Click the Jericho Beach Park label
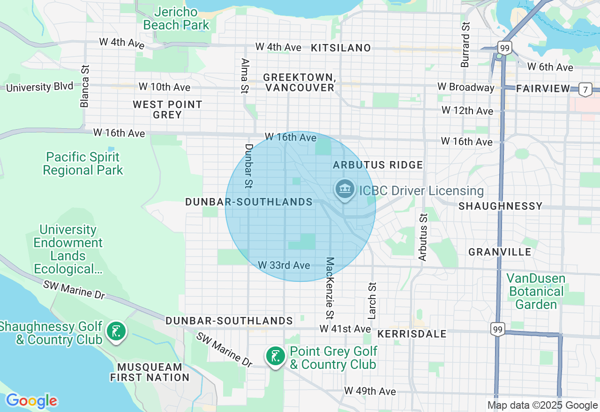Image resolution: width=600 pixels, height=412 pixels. tap(176, 18)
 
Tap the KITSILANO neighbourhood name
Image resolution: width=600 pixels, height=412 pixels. tap(341, 48)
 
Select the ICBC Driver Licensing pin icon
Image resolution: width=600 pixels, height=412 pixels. tap(345, 189)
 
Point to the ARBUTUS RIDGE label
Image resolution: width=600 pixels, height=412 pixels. tap(378, 165)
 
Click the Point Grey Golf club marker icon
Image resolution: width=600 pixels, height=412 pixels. tap(275, 356)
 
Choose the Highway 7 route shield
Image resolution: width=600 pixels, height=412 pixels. tap(585, 89)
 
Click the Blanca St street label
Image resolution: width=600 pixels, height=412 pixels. tap(85, 86)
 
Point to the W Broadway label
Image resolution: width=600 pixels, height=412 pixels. tap(466, 87)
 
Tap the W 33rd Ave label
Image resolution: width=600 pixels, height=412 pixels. tap(284, 265)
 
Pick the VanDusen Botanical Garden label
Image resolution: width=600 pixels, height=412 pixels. tap(536, 292)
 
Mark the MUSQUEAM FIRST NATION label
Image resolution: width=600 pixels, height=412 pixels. tap(150, 372)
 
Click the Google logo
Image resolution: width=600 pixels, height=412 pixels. tap(31, 401)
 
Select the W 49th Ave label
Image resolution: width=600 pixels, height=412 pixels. tap(370, 391)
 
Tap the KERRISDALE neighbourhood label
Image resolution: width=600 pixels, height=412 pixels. tap(412, 334)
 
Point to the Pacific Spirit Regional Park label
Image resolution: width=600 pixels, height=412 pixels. tap(83, 163)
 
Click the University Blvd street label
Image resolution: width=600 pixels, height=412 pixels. tap(40, 87)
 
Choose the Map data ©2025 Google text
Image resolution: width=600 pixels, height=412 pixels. tap(542, 405)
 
